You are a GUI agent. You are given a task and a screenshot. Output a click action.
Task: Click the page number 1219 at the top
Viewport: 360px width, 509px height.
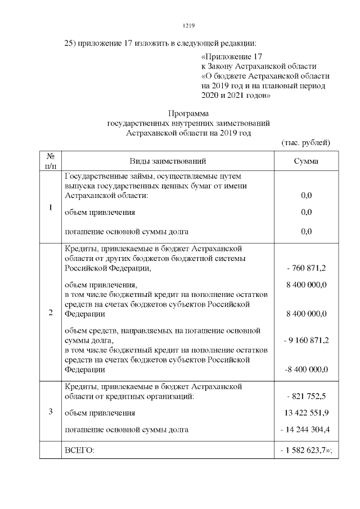click(x=188, y=25)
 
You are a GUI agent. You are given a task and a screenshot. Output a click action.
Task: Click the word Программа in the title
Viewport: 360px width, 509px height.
click(x=188, y=112)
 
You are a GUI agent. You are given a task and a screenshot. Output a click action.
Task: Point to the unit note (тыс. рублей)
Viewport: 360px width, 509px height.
click(x=305, y=143)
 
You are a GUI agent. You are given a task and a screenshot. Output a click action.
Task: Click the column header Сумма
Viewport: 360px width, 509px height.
click(x=306, y=161)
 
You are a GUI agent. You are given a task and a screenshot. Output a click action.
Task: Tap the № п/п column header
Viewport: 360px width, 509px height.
click(x=50, y=161)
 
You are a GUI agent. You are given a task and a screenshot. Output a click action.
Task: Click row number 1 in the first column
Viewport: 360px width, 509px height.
click(x=50, y=208)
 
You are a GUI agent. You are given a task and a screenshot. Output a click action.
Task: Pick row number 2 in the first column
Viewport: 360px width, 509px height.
click(x=50, y=313)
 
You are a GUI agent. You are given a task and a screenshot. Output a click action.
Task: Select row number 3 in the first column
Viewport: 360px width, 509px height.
click(x=50, y=412)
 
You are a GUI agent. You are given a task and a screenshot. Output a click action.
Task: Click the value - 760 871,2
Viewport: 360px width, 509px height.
click(x=307, y=268)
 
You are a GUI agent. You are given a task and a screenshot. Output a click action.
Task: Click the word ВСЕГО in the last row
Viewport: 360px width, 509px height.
click(x=80, y=451)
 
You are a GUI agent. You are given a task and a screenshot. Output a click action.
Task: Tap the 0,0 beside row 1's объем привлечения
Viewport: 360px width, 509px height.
click(x=307, y=213)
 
